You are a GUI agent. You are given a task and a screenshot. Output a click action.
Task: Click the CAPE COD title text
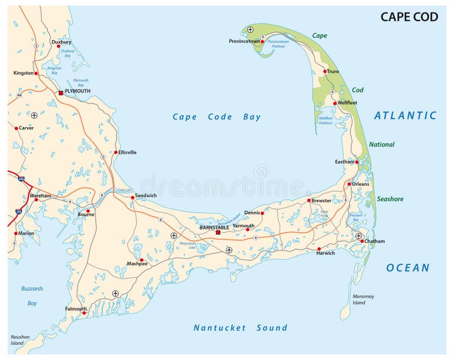pyautogui.click(x=409, y=16)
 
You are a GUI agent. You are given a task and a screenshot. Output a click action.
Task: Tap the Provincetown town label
pyautogui.click(x=244, y=41)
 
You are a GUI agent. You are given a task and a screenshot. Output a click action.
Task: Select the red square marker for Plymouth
pyautogui.click(x=61, y=92)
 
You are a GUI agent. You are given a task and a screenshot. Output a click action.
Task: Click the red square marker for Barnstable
pyautogui.click(x=218, y=232)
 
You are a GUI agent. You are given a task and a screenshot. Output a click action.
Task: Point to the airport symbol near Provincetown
pyautogui.click(x=250, y=29)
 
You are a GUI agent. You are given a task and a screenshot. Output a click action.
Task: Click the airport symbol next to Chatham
pyautogui.click(x=358, y=235)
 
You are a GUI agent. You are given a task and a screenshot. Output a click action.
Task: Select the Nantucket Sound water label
pyautogui.click(x=241, y=328)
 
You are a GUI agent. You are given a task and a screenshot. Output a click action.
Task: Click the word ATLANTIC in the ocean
pyautogui.click(x=406, y=116)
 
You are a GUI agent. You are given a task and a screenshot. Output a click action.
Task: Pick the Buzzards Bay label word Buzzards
pyautogui.click(x=32, y=289)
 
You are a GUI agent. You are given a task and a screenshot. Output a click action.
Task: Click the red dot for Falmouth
pyautogui.click(x=84, y=313)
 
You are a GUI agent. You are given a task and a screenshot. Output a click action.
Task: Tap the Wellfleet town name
pyautogui.click(x=347, y=103)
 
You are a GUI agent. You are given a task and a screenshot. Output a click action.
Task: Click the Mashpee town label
pyautogui.click(x=137, y=264)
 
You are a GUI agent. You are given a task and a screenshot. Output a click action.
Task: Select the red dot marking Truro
pyautogui.click(x=324, y=72)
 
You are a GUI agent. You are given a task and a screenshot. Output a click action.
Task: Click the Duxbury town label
pyautogui.click(x=61, y=42)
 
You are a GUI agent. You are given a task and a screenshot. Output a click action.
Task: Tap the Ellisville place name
pyautogui.click(x=127, y=152)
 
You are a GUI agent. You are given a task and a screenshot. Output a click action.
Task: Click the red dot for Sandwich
pyautogui.click(x=132, y=198)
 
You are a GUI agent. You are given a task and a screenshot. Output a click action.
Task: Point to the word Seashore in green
pyautogui.click(x=390, y=199)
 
